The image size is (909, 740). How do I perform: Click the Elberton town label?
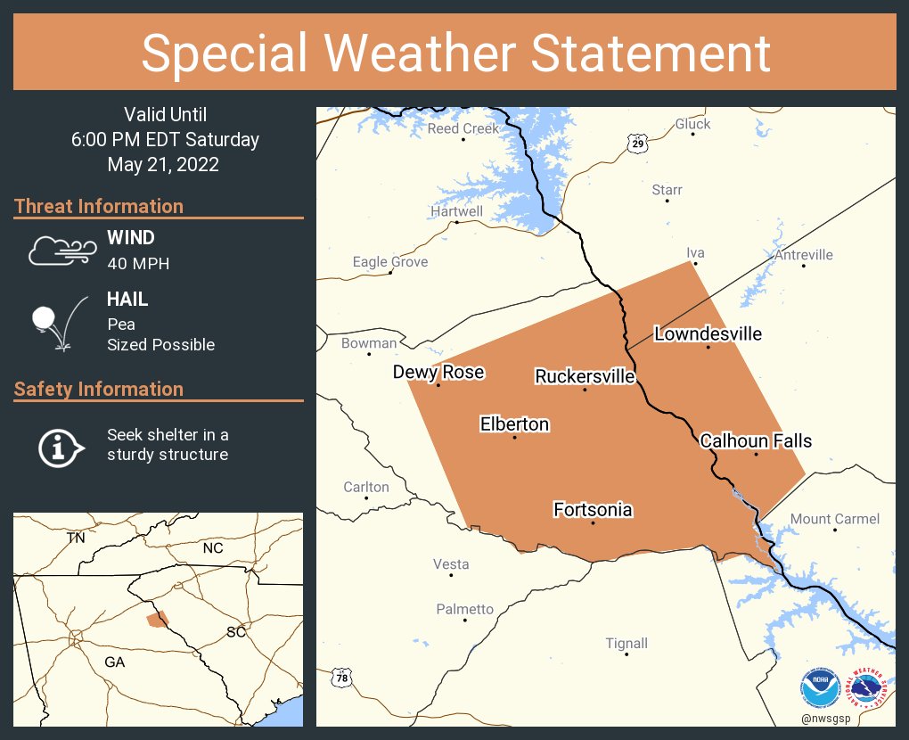pyautogui.click(x=514, y=424)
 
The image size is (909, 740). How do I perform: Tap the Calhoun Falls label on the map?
pyautogui.click(x=756, y=441)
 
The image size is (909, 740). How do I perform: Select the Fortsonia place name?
pyautogui.click(x=593, y=510)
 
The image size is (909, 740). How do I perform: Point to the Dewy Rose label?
pyautogui.click(x=438, y=372)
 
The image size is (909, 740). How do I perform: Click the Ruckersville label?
pyautogui.click(x=585, y=376)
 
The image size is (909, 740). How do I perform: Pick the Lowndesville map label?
pyautogui.click(x=708, y=334)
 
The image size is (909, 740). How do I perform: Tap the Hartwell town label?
pyautogui.click(x=456, y=211)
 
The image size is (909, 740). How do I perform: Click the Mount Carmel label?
pyautogui.click(x=835, y=519)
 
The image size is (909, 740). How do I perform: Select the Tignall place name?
pyautogui.click(x=626, y=644)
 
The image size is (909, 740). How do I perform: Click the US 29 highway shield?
pyautogui.click(x=636, y=144)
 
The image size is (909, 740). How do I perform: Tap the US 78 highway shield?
pyautogui.click(x=341, y=678)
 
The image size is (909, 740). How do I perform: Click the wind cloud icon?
pyautogui.click(x=60, y=251)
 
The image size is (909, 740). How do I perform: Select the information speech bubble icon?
pyautogui.click(x=60, y=446)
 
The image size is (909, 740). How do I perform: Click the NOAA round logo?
pyautogui.click(x=819, y=688)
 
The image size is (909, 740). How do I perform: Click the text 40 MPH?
pyautogui.click(x=138, y=264)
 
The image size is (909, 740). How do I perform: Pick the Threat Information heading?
pyautogui.click(x=99, y=206)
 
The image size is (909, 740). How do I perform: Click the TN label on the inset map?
pyautogui.click(x=76, y=539)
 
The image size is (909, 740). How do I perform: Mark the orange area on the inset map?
pyautogui.click(x=158, y=619)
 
